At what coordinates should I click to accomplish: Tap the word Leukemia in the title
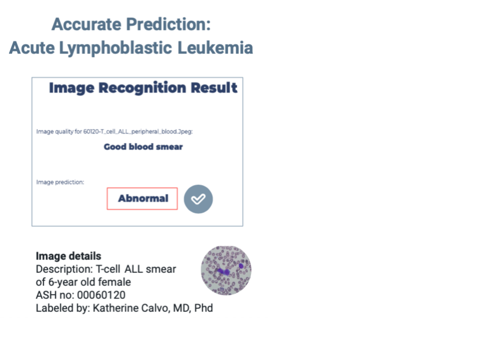pos(215,48)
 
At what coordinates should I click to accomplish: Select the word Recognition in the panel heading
pos(142,88)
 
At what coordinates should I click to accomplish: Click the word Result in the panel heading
pos(214,87)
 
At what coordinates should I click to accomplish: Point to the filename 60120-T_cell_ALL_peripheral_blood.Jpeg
pos(137,131)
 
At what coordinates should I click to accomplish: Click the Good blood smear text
pos(143,146)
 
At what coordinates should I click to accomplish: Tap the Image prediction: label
pos(60,182)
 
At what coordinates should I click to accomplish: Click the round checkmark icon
pos(198,199)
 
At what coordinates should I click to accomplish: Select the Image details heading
pos(68,256)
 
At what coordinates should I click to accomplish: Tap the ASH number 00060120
pos(101,295)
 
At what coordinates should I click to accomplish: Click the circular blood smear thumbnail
pos(226,270)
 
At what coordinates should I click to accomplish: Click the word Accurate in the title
pos(86,24)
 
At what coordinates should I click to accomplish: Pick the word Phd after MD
pos(203,308)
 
